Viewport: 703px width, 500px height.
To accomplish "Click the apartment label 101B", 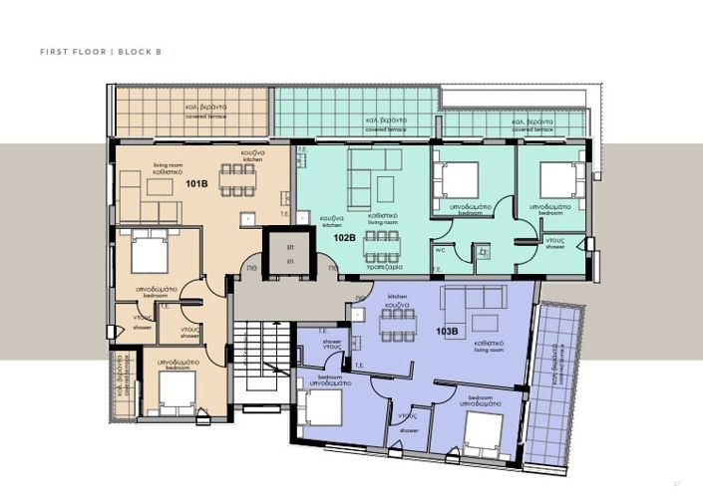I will [196, 184].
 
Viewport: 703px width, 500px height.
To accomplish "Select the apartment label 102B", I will [345, 238].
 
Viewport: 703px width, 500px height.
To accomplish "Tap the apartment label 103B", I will [446, 331].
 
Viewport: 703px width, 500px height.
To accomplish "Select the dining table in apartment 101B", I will [237, 179].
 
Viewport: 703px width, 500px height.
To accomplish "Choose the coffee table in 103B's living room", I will [485, 322].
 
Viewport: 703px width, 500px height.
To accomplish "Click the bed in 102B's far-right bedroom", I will [559, 180].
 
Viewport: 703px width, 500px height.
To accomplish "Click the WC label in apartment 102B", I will [439, 251].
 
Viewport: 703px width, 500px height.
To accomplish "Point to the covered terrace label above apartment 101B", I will [205, 111].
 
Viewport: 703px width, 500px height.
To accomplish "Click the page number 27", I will [677, 483].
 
